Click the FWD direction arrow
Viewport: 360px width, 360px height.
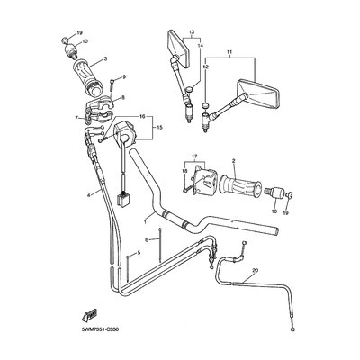click(90, 316)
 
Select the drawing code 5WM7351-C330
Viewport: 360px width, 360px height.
click(96, 329)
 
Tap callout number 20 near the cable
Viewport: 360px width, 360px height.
click(256, 270)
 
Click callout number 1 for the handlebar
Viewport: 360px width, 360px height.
click(145, 222)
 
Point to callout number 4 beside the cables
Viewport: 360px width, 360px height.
click(88, 195)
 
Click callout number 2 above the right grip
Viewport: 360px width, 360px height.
click(233, 160)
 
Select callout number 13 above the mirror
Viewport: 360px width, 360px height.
click(192, 31)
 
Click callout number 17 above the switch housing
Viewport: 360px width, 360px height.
click(194, 156)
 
